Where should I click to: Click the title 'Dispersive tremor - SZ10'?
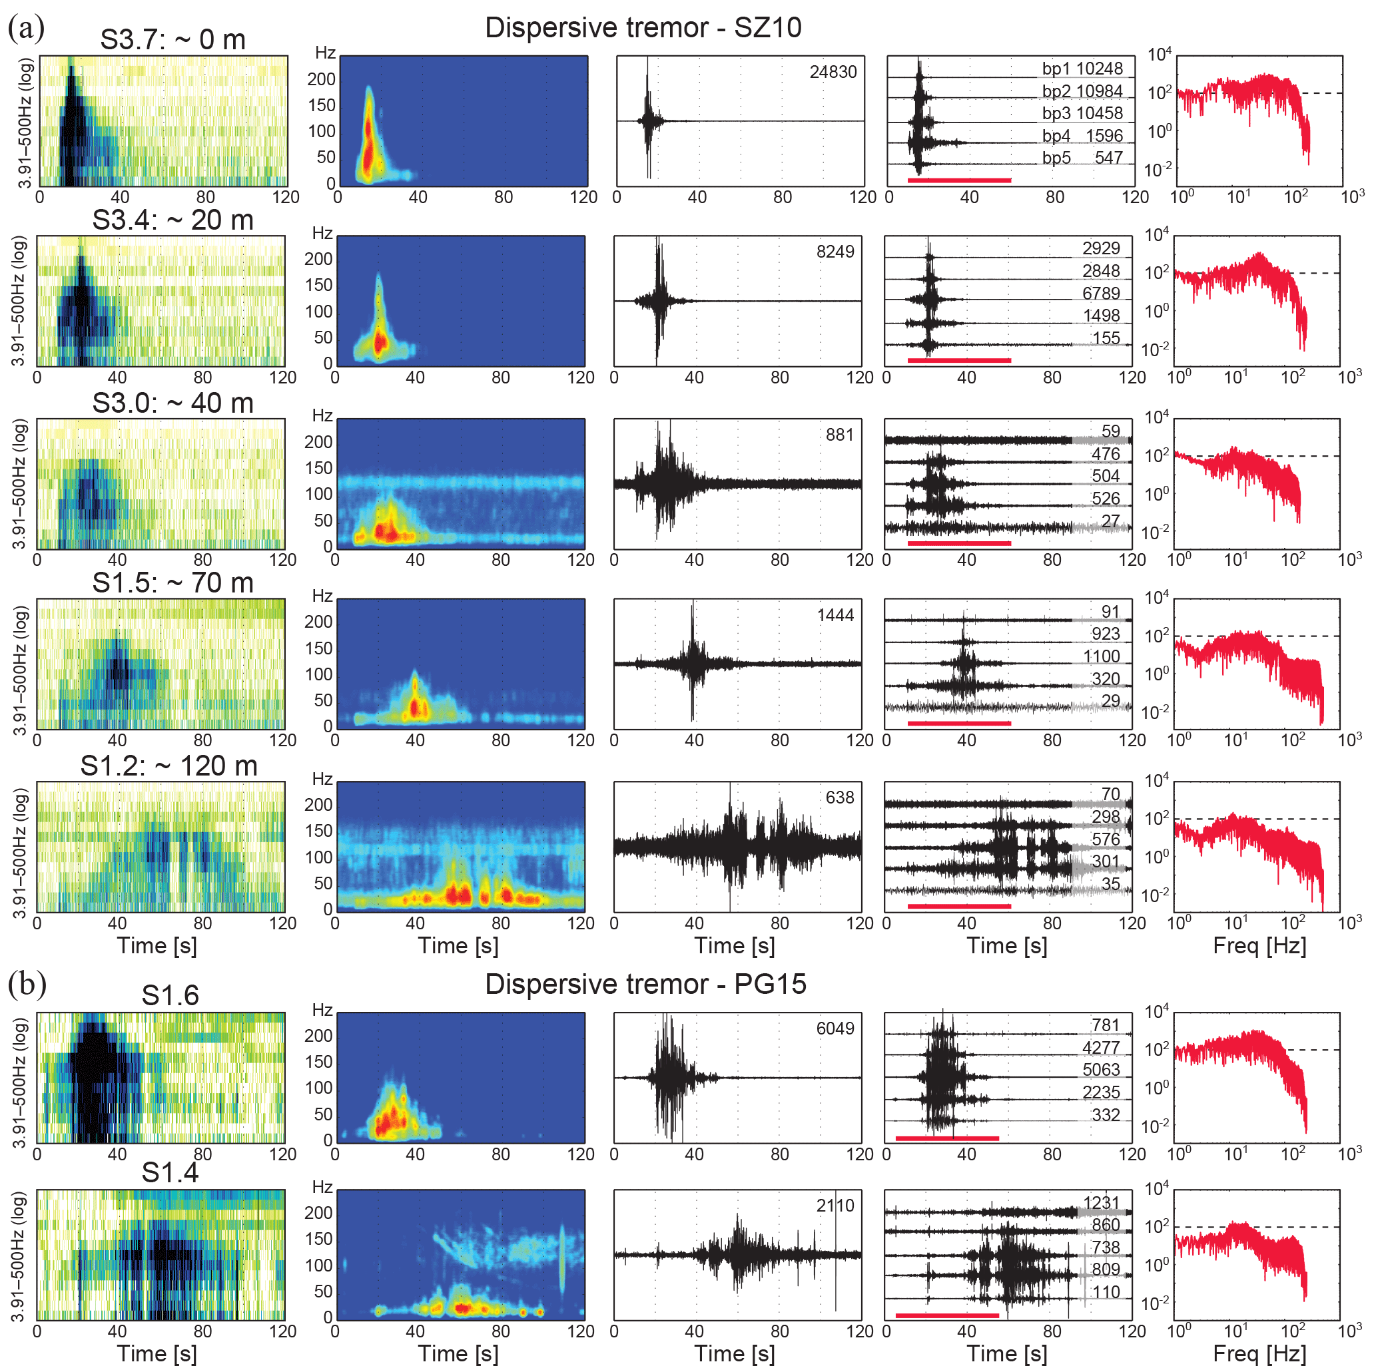coord(643,28)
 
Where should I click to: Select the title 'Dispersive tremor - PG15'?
coord(645,984)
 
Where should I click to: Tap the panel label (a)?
coord(27,28)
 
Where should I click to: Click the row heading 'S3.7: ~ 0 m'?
coord(172,40)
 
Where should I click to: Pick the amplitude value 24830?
coord(833,72)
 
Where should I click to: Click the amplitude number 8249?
coord(835,252)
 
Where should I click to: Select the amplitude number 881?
coord(840,435)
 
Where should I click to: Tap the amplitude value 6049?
coord(835,1028)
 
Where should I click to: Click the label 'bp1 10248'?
coord(1082,69)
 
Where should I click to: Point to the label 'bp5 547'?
coord(1082,158)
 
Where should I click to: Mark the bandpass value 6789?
coord(1101,294)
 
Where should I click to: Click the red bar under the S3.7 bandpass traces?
coord(958,180)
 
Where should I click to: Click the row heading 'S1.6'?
coord(171,995)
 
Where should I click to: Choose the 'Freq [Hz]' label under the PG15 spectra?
coord(1259,1354)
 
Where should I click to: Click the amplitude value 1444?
coord(835,615)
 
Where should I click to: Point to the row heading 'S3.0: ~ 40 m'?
coord(172,403)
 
